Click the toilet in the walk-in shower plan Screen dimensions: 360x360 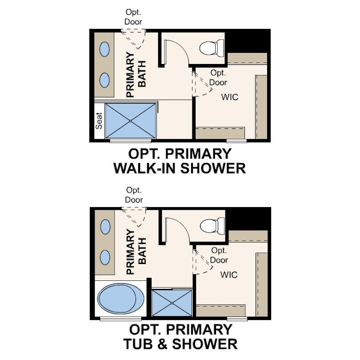pyautogui.click(x=212, y=48)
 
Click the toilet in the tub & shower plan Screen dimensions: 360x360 pyautogui.click(x=212, y=226)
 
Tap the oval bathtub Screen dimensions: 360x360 pyautogui.click(x=121, y=298)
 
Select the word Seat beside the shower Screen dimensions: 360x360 pyautogui.click(x=99, y=121)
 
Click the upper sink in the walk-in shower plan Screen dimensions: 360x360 pyautogui.click(x=104, y=49)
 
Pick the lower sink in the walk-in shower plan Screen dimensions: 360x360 pyautogui.click(x=104, y=80)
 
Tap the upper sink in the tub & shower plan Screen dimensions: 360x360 pyautogui.click(x=105, y=227)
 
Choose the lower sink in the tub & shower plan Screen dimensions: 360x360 pyautogui.click(x=105, y=257)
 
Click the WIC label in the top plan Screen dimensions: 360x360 pyautogui.click(x=230, y=97)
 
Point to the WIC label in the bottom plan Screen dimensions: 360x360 pyautogui.click(x=229, y=275)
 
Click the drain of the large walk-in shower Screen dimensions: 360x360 pyautogui.click(x=130, y=121)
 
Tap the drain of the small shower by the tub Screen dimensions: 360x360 pyautogui.click(x=172, y=303)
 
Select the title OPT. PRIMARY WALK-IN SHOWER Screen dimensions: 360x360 pyautogui.click(x=180, y=161)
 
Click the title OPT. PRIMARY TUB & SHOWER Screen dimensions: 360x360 pyautogui.click(x=180, y=337)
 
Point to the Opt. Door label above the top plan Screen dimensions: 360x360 pyautogui.click(x=133, y=17)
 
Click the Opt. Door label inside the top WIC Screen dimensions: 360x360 pyautogui.click(x=218, y=78)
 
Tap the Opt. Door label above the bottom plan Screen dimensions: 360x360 pyautogui.click(x=134, y=195)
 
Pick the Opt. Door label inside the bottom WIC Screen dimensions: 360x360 pyautogui.click(x=219, y=255)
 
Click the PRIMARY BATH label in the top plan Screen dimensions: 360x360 pyautogui.click(x=136, y=74)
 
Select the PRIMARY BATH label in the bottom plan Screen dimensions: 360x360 pyautogui.click(x=136, y=252)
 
